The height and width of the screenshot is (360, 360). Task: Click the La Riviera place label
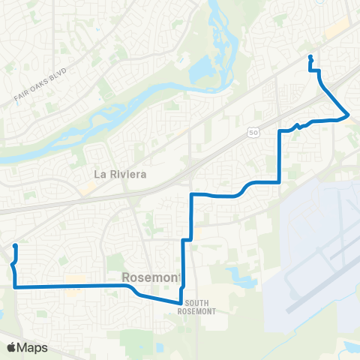pyautogui.click(x=118, y=174)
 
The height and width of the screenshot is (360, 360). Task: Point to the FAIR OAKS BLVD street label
pyautogui.click(x=40, y=85)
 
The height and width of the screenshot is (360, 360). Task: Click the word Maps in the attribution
pyautogui.click(x=34, y=347)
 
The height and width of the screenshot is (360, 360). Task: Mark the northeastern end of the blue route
pyautogui.click(x=310, y=57)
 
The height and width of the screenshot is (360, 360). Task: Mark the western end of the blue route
pyautogui.click(x=15, y=246)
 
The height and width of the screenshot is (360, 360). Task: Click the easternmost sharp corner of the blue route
pyautogui.click(x=349, y=114)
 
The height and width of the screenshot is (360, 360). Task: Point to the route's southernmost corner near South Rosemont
pyautogui.click(x=180, y=302)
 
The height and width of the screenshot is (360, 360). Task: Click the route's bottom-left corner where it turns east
pyautogui.click(x=15, y=286)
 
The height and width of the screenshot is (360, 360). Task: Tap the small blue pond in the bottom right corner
pyautogui.click(x=349, y=347)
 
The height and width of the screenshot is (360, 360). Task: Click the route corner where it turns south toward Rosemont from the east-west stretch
pyautogui.click(x=192, y=195)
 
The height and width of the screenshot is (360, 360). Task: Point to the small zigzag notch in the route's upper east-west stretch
pyautogui.click(x=298, y=125)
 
